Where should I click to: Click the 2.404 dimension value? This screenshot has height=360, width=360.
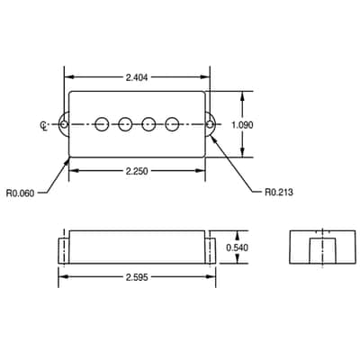[x=137, y=77]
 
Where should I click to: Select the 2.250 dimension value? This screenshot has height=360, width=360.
[x=137, y=171]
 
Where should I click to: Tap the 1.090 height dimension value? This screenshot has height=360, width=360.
[x=242, y=125]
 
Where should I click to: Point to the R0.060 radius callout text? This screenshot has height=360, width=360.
[x=20, y=193]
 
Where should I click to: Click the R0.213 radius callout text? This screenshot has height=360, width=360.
[x=279, y=192]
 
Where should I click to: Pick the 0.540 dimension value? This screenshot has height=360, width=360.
[x=238, y=247]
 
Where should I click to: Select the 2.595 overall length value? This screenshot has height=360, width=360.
[x=137, y=277]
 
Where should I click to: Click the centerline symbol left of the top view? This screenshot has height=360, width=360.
[x=44, y=125]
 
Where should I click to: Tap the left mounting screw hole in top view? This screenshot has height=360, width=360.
[x=64, y=124]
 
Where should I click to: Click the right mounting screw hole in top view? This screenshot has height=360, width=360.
[x=211, y=124]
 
